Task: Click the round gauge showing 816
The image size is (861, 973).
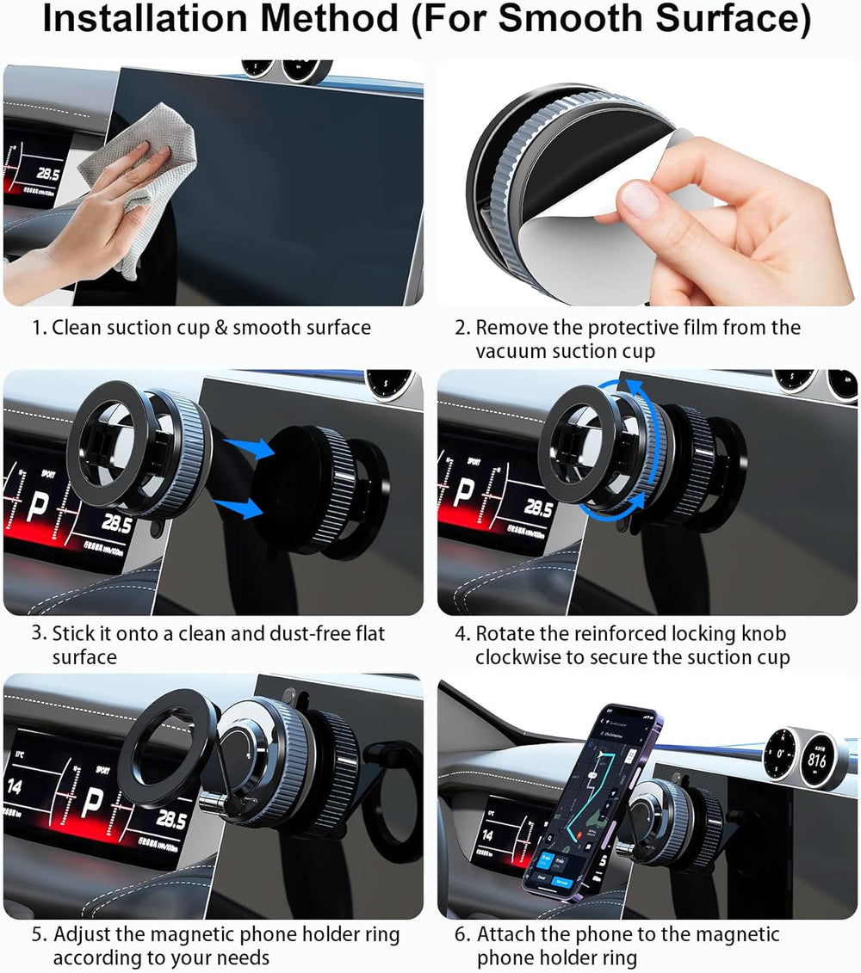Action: tap(816, 760)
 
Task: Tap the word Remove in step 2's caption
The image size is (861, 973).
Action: tap(513, 328)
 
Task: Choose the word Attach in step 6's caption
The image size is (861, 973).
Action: tap(508, 935)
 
